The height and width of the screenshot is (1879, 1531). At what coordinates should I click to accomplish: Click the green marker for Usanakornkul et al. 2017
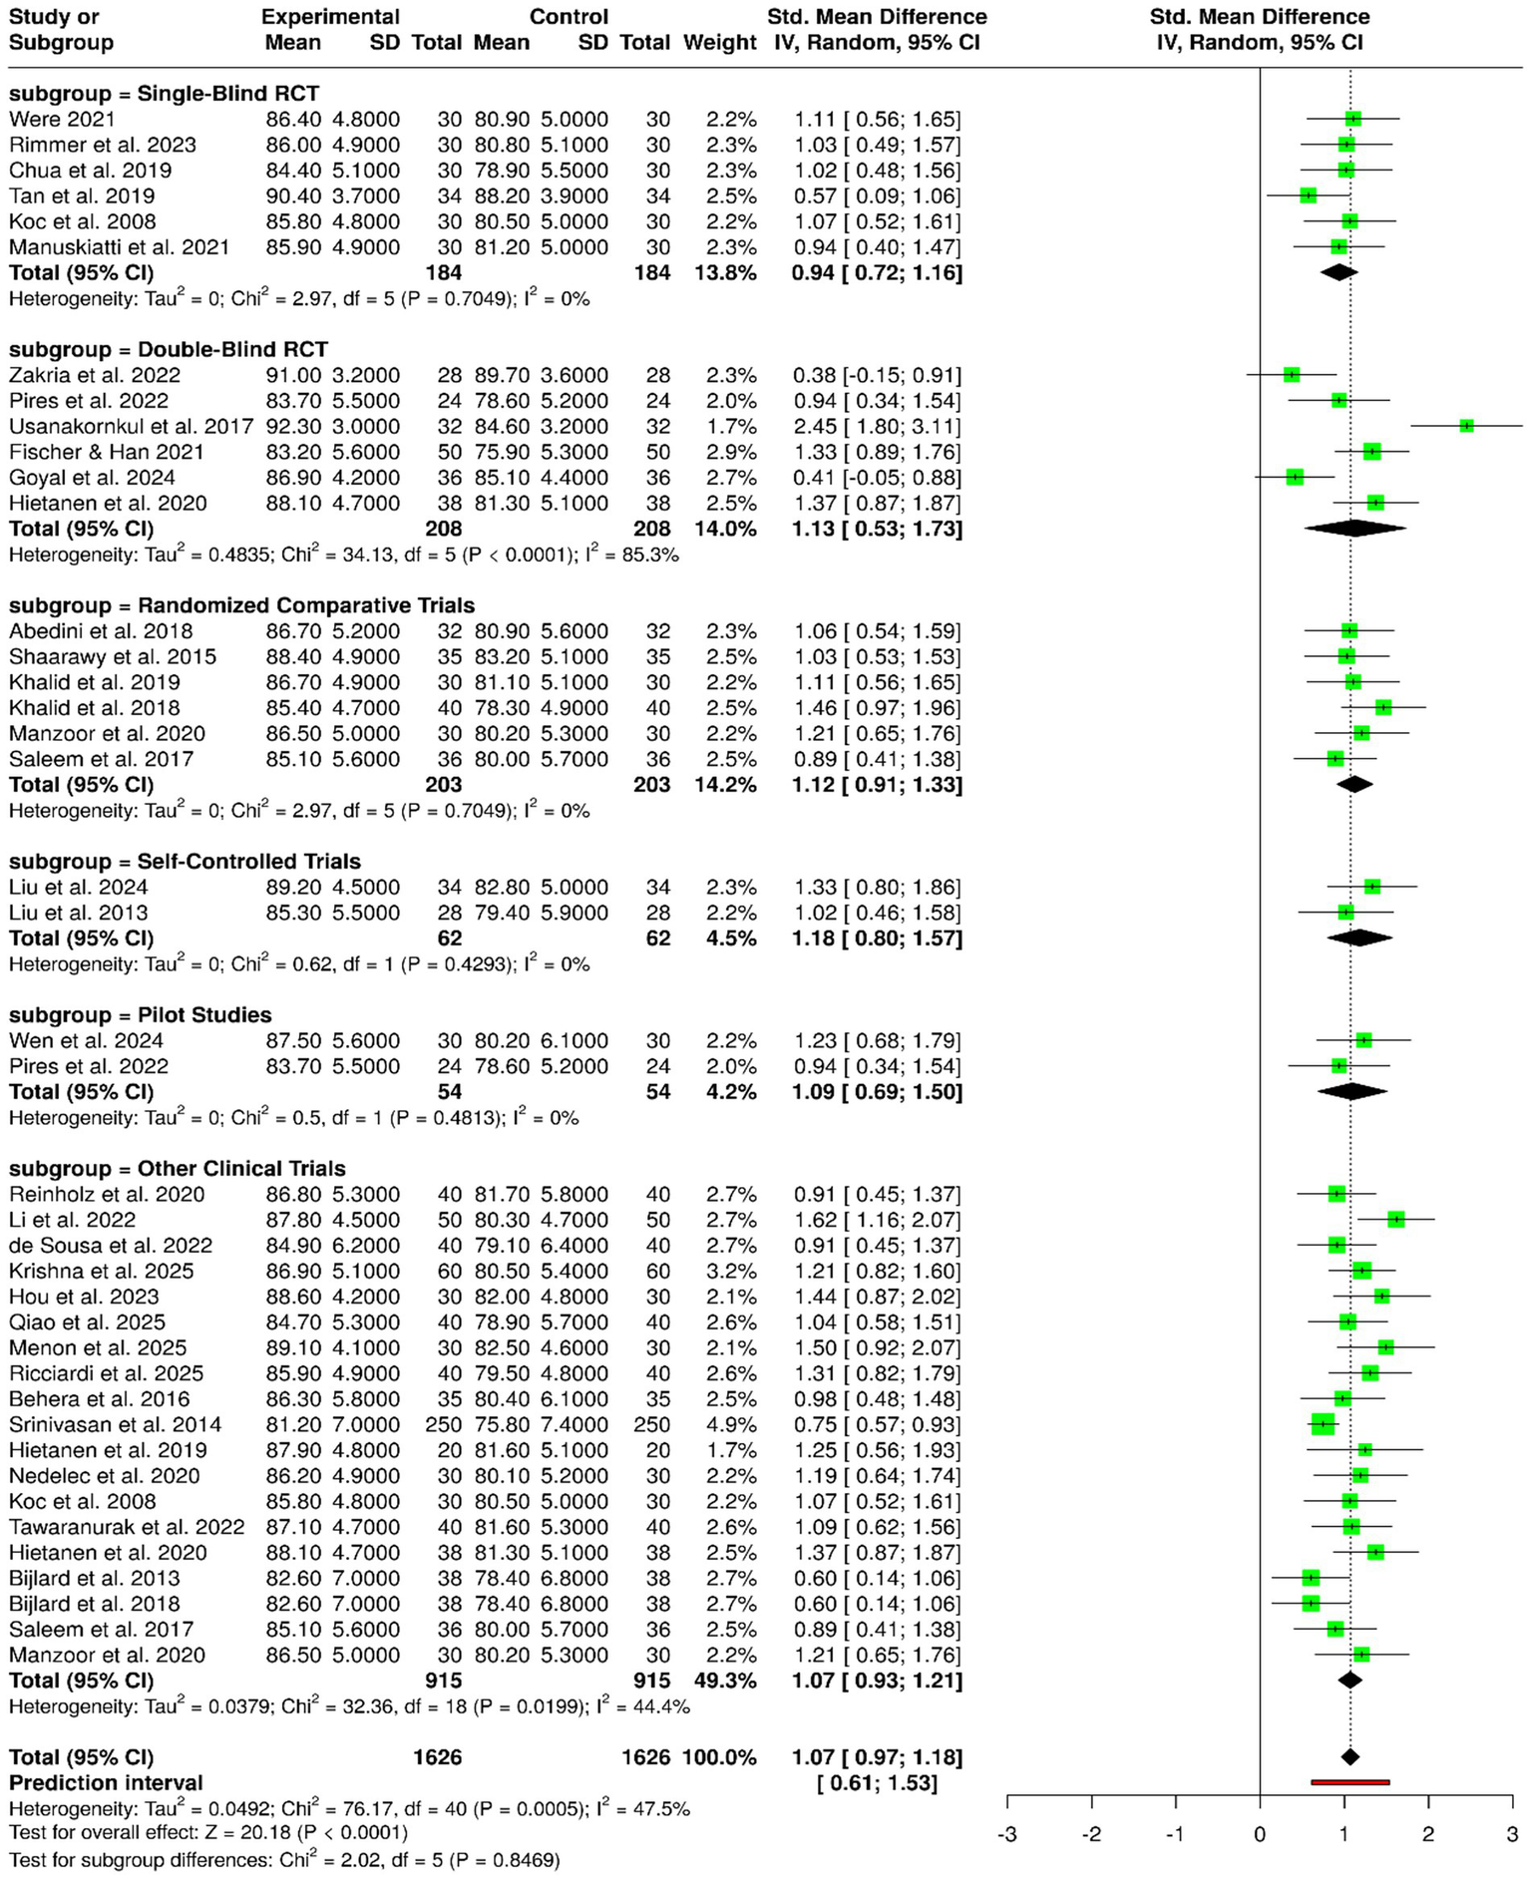click(1466, 426)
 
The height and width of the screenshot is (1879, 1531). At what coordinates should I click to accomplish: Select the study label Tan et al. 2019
click(82, 196)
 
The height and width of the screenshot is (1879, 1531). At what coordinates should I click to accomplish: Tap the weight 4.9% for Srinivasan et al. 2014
click(731, 1425)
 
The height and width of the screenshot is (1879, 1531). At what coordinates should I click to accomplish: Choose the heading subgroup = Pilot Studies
click(140, 1015)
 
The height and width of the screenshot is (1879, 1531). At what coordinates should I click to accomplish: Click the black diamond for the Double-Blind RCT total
click(1354, 529)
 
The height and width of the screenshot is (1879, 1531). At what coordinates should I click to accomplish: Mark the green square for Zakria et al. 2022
click(1292, 375)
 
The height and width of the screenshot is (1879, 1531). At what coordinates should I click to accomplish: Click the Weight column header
click(719, 43)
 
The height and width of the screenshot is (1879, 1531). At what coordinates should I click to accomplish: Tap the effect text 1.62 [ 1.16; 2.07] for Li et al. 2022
click(877, 1220)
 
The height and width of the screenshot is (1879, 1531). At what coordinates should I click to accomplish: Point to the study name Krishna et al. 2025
click(101, 1272)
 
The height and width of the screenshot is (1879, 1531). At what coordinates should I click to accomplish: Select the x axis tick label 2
click(1428, 1834)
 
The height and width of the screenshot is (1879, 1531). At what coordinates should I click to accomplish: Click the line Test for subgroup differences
click(284, 1860)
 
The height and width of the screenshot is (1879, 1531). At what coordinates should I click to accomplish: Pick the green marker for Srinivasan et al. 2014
click(1323, 1425)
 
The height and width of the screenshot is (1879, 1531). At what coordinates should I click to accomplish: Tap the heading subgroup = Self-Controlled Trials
click(185, 862)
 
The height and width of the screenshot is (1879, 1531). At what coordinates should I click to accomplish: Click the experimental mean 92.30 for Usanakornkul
click(293, 427)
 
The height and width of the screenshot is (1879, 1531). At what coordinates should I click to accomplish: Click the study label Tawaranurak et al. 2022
click(127, 1528)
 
